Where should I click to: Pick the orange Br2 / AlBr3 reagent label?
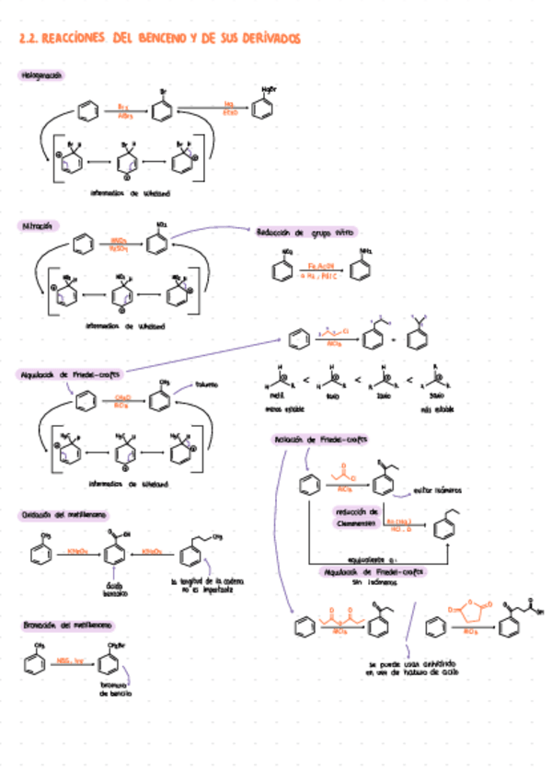[x=125, y=112]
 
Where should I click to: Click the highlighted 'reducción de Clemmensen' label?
[x=358, y=517]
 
